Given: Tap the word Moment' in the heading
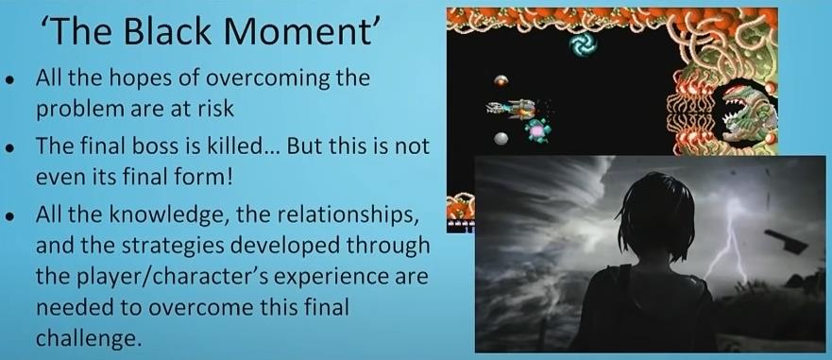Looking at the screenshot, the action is (x=300, y=30).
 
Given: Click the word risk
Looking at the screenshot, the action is (x=216, y=109).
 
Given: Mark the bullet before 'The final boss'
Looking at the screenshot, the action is (x=10, y=148).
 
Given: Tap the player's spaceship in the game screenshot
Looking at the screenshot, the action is (x=512, y=109).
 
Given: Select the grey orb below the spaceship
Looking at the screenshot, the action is (x=501, y=139).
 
